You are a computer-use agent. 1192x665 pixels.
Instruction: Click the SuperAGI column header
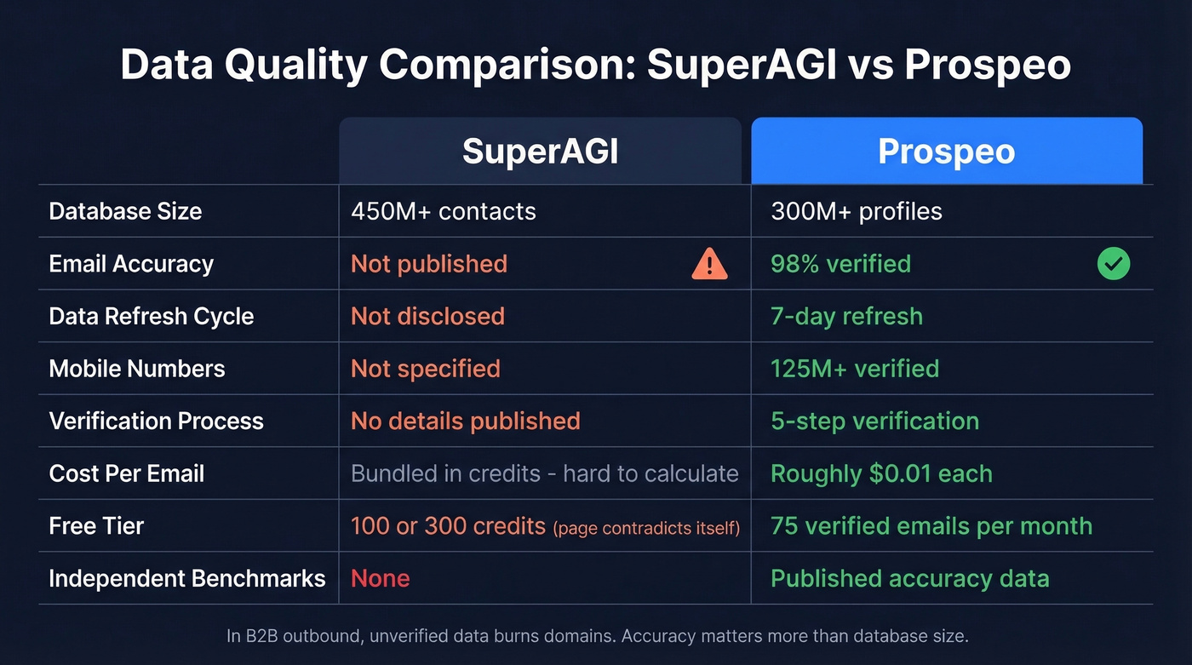tap(540, 152)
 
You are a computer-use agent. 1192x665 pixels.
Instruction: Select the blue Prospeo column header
tap(946, 152)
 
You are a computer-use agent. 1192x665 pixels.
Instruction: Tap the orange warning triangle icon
tap(709, 264)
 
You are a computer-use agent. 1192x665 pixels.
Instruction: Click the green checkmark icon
tap(1114, 264)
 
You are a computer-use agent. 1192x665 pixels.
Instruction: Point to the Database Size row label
tap(125, 211)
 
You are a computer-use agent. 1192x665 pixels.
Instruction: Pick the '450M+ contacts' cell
tap(443, 211)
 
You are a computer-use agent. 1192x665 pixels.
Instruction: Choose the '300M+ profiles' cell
tap(856, 211)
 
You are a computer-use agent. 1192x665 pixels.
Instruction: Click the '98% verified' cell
tap(840, 264)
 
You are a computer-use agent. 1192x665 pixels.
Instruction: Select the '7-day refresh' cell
tap(846, 316)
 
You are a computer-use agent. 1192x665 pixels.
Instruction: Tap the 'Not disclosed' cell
tap(427, 316)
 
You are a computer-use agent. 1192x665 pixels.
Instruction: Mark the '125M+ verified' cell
tap(855, 369)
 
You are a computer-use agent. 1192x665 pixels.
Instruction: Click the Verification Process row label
tap(156, 421)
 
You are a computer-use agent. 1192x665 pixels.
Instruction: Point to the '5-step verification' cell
tap(874, 421)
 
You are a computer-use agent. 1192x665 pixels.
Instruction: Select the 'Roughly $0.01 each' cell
tap(881, 473)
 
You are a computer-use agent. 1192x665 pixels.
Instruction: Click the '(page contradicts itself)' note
tap(646, 528)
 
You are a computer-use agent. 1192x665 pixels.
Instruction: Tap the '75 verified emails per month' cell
tap(931, 525)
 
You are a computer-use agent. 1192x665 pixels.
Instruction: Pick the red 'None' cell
tap(380, 578)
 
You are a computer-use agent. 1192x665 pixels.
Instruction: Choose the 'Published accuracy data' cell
tap(909, 578)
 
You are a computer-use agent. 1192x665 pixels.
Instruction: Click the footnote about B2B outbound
tap(597, 635)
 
